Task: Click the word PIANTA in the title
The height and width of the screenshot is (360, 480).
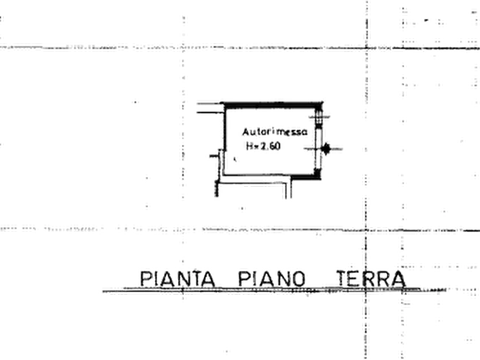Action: (177, 278)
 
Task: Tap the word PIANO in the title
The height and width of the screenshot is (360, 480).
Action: (272, 278)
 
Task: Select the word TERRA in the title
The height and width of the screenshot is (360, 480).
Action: (371, 278)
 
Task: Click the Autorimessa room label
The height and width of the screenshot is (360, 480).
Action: (275, 132)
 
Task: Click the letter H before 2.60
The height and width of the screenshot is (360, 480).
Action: (249, 146)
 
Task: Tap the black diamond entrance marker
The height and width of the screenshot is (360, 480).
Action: (326, 149)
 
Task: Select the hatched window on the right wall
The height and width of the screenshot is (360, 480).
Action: (319, 117)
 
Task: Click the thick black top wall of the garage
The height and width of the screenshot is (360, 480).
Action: (272, 105)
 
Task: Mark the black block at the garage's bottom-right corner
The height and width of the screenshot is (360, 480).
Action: (317, 173)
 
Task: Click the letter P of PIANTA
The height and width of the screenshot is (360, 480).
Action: (146, 279)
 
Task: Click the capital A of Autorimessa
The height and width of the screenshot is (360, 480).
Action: (246, 132)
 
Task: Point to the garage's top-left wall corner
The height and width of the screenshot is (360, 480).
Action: (224, 104)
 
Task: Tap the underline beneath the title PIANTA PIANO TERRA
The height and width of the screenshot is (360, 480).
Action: (274, 290)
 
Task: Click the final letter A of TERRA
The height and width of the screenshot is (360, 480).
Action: (398, 279)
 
